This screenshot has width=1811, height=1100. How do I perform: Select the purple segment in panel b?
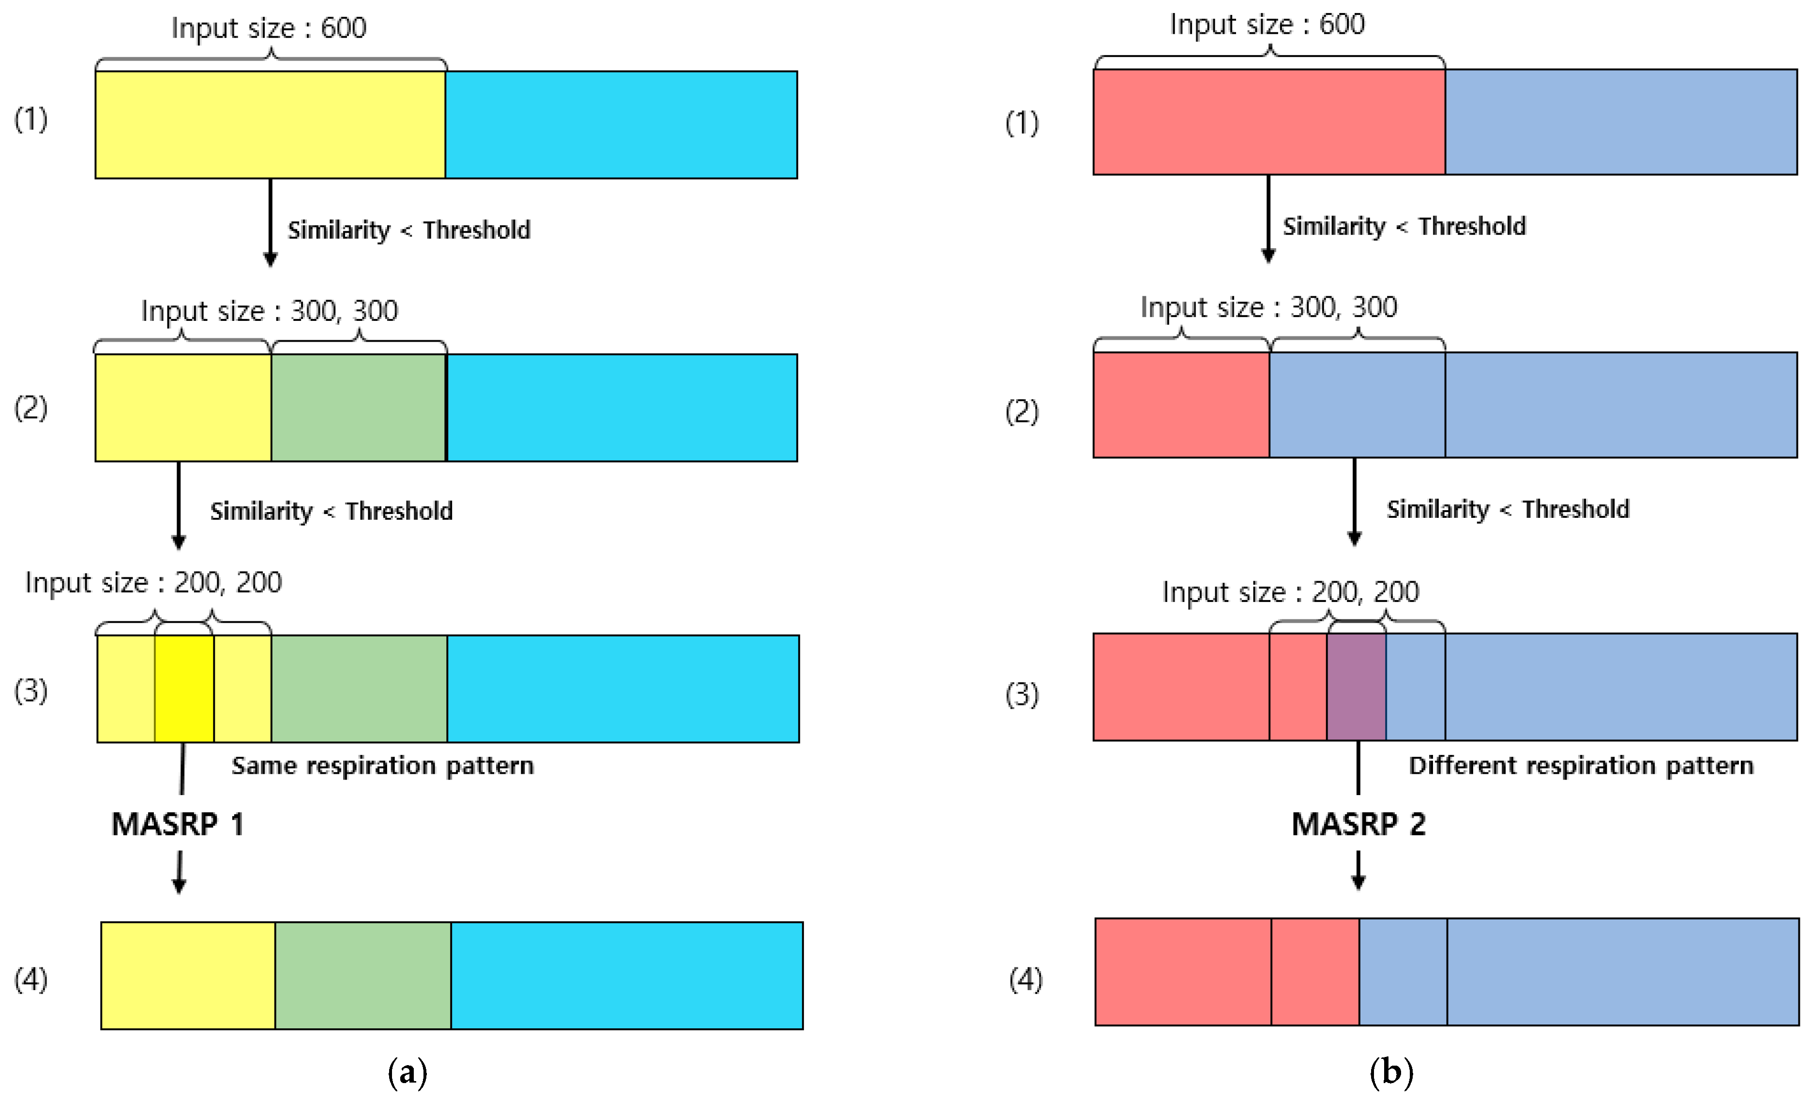coord(1356,686)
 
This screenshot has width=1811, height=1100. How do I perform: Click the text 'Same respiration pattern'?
coord(382,766)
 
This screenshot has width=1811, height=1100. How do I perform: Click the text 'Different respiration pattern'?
coord(1580,766)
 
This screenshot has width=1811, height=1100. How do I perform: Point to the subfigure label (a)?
coord(407,1073)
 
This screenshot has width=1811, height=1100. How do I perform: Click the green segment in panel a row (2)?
coord(358,408)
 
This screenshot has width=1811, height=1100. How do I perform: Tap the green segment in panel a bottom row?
coord(363,975)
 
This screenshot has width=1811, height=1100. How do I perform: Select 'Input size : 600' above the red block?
coord(1267,24)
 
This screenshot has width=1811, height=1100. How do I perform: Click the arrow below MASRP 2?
coord(1358,871)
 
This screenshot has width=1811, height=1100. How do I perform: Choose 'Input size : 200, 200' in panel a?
coord(153,583)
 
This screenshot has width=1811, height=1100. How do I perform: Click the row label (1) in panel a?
coord(31,119)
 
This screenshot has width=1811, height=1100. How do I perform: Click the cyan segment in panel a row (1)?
coord(621,125)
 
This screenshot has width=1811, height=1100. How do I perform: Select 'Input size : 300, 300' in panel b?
coord(1268,307)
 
